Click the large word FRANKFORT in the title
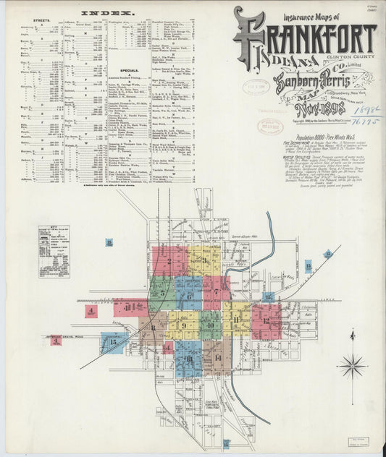click(304, 38)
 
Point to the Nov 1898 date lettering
click(319, 110)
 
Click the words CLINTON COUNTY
click(348, 58)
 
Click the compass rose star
click(352, 366)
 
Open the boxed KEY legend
click(54, 252)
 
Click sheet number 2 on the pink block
click(169, 261)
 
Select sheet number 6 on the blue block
click(189, 295)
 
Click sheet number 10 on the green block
click(210, 325)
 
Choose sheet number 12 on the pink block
click(266, 320)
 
